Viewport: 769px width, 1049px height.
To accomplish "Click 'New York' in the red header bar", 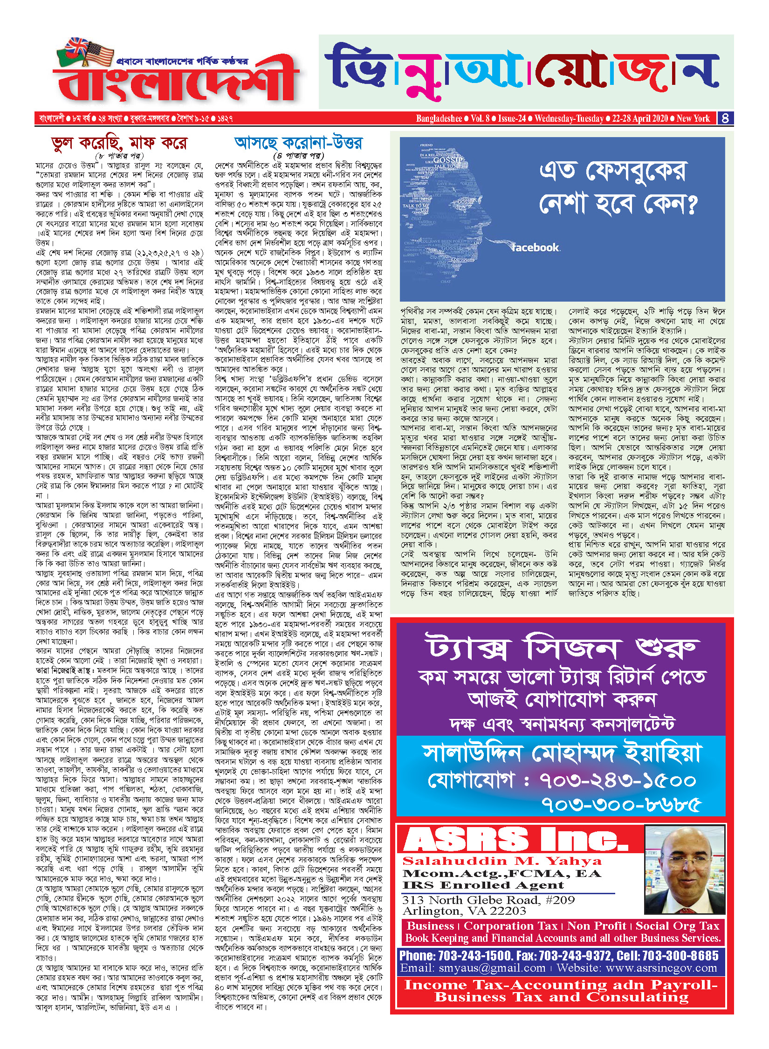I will [693, 118].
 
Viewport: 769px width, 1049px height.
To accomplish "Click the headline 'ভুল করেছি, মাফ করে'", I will [119, 143].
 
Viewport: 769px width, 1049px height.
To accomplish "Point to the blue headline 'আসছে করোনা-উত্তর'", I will [298, 142].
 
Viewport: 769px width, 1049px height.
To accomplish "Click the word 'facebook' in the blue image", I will [536, 248].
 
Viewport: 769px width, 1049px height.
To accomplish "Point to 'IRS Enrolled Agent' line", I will [483, 885].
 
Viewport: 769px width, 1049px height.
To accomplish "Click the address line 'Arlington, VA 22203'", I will [464, 911].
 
